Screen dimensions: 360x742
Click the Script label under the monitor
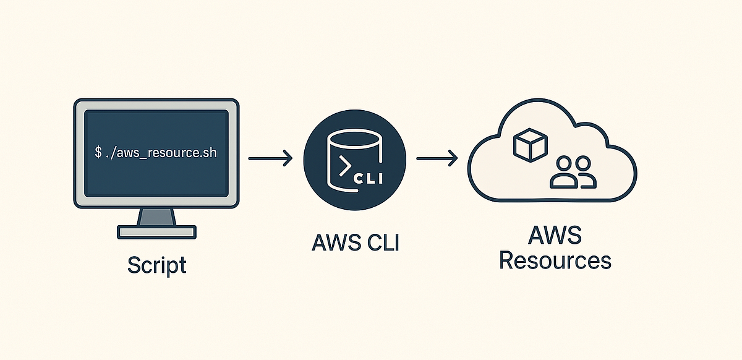(x=156, y=265)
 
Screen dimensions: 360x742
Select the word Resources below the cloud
(x=555, y=260)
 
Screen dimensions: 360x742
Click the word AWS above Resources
(x=555, y=236)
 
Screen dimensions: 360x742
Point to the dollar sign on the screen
(x=98, y=153)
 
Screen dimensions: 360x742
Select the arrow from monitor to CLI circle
(x=270, y=159)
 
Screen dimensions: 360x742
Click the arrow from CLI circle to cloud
(x=437, y=159)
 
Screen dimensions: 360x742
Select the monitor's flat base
(x=156, y=232)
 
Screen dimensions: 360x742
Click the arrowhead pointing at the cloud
(x=453, y=159)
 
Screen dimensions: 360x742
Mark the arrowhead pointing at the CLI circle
(x=286, y=159)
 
